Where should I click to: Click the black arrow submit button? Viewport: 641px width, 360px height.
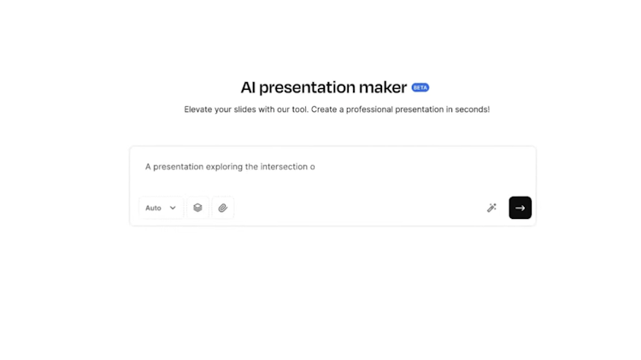point(520,208)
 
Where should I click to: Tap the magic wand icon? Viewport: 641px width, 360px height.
point(491,208)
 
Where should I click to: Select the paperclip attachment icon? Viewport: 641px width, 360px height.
point(223,208)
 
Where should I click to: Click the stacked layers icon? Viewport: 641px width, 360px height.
point(198,208)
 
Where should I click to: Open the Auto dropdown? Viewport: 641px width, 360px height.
point(161,208)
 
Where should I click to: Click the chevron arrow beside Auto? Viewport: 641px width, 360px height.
point(173,208)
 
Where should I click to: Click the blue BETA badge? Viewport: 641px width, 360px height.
point(420,87)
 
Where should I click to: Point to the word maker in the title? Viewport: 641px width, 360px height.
point(383,87)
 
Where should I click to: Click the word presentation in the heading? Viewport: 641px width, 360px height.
point(307,88)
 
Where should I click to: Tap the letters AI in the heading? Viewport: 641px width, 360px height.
point(248,87)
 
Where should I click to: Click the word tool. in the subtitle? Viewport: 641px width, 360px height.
point(300,109)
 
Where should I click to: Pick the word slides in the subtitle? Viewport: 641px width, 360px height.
point(245,109)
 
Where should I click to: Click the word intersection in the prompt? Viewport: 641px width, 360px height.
point(284,167)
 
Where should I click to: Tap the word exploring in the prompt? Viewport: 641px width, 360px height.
point(224,167)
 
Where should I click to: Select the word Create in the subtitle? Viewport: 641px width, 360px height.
point(324,109)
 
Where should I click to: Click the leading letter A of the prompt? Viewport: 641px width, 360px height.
point(148,167)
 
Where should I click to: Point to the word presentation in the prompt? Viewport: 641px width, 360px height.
point(179,167)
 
